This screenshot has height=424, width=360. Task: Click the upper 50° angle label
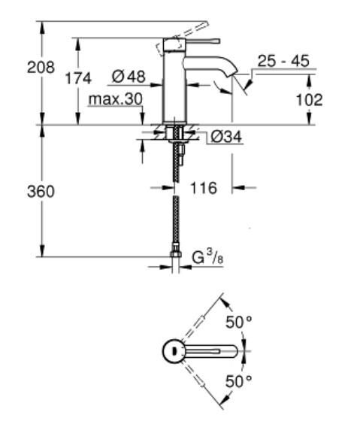tap(239, 324)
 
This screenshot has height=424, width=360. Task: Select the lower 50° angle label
tap(239, 381)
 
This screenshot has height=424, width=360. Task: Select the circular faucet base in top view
tap(174, 351)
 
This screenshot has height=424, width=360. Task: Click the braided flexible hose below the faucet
tap(175, 218)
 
